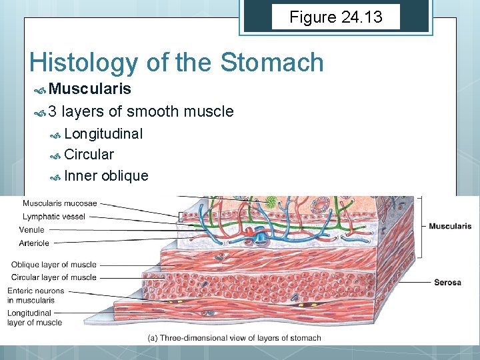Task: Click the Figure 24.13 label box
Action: (336, 17)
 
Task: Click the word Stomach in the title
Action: (271, 63)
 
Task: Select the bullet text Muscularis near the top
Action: (89, 89)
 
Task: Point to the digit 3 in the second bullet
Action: (53, 111)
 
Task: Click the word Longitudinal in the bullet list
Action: (103, 133)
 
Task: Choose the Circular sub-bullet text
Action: (89, 155)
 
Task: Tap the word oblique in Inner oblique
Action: (125, 176)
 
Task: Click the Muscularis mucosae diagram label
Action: (59, 203)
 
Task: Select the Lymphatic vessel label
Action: (55, 217)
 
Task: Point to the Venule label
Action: (32, 230)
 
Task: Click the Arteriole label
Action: (34, 243)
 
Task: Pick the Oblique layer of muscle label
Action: (53, 265)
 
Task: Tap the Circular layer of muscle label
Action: (54, 277)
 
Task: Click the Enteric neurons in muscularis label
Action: (36, 295)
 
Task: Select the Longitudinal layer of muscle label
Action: (35, 317)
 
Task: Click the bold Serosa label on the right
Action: (447, 283)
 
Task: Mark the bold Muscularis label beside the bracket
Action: (450, 227)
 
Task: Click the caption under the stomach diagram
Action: (234, 338)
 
